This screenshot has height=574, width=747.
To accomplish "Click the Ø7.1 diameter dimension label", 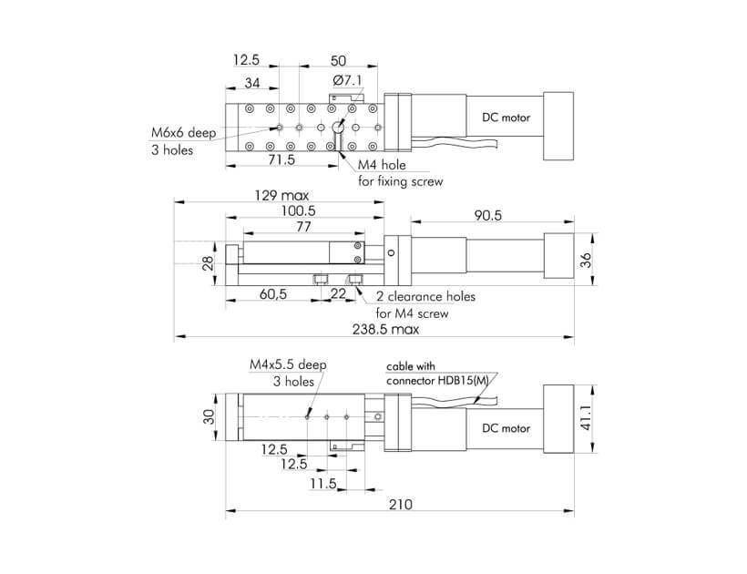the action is point(348,80).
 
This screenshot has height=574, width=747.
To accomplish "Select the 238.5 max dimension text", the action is point(386,329).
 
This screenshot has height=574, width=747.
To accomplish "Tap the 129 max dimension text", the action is point(281,195).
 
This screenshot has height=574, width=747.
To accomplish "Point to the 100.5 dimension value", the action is point(298,210).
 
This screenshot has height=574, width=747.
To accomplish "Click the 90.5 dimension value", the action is point(488,215).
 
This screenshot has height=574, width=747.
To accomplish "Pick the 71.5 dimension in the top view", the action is point(281,159).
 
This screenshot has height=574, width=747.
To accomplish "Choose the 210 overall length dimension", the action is point(400,504).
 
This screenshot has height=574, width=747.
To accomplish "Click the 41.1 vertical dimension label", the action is point(586,418).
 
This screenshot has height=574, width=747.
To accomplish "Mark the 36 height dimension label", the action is point(586,260).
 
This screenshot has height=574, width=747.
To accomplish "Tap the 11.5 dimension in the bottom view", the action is point(323,484).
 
